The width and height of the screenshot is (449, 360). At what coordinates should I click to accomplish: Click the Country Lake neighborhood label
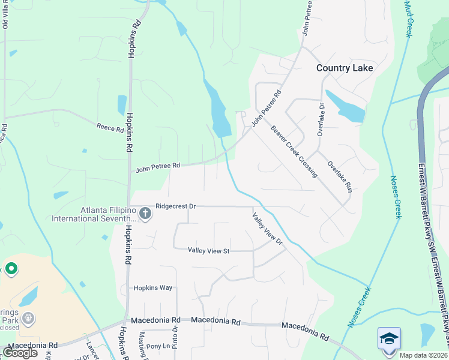(345, 68)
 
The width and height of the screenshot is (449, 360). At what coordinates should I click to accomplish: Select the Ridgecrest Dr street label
(175, 206)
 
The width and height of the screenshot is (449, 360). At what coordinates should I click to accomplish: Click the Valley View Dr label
(267, 229)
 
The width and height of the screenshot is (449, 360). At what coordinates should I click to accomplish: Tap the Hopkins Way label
(152, 288)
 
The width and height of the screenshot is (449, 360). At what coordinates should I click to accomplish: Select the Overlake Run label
(340, 176)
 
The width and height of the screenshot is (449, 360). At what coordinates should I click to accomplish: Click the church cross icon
(145, 213)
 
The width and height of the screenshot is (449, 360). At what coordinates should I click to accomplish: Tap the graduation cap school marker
(388, 338)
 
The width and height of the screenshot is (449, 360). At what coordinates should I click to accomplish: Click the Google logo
(20, 353)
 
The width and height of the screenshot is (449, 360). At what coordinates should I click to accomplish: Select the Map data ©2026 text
(424, 355)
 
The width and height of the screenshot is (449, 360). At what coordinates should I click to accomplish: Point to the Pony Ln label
(158, 346)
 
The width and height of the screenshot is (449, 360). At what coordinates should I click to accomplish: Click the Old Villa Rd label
(5, 14)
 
